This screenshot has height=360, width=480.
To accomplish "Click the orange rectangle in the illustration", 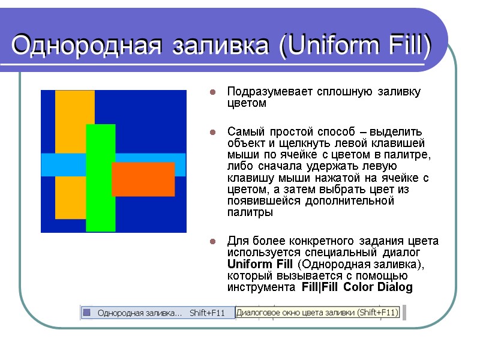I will [x=143, y=179].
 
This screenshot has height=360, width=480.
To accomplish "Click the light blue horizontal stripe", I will [x=150, y=159].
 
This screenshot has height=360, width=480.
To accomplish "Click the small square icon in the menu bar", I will [x=87, y=313].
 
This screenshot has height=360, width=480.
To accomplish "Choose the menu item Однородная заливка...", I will [x=139, y=313].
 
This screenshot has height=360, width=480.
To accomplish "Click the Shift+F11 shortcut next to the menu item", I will [x=207, y=313].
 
